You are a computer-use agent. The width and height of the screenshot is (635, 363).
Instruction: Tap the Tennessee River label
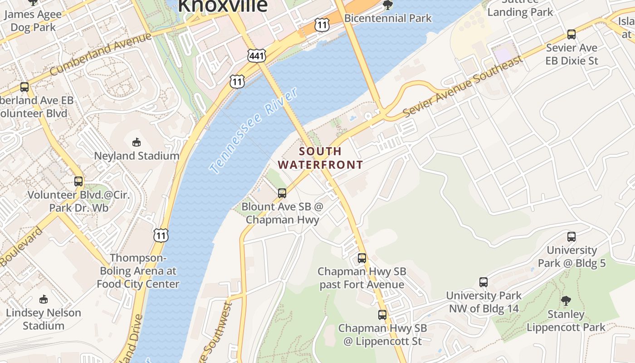254,131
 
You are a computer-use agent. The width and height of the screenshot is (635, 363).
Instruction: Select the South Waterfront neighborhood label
320,158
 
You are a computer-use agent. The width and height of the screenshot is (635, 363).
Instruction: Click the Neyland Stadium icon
137,142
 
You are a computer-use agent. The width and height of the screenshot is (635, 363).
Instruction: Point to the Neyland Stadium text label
137,156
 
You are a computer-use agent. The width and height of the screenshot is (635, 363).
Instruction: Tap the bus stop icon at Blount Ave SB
282,193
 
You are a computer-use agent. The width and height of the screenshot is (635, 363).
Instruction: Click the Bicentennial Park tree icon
388,5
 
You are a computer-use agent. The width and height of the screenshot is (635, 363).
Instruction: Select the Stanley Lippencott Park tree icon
566,300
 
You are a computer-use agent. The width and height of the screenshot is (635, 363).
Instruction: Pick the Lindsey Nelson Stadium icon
43,299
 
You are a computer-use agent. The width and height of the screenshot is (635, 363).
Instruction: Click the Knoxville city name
222,6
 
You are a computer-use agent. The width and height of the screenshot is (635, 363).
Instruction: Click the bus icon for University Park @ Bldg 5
571,236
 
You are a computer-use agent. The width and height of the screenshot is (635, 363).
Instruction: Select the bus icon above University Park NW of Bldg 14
484,282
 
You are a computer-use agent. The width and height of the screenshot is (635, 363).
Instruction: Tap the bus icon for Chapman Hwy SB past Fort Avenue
361,258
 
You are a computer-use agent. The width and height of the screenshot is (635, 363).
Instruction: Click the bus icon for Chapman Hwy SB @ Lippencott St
382,315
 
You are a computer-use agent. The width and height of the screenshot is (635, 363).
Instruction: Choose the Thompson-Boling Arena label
138,271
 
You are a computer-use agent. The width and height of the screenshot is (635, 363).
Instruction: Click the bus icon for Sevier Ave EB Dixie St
571,34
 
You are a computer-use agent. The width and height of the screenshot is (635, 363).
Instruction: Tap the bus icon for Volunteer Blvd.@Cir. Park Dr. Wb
78,182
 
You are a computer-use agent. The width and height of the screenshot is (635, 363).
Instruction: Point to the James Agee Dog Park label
33,21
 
